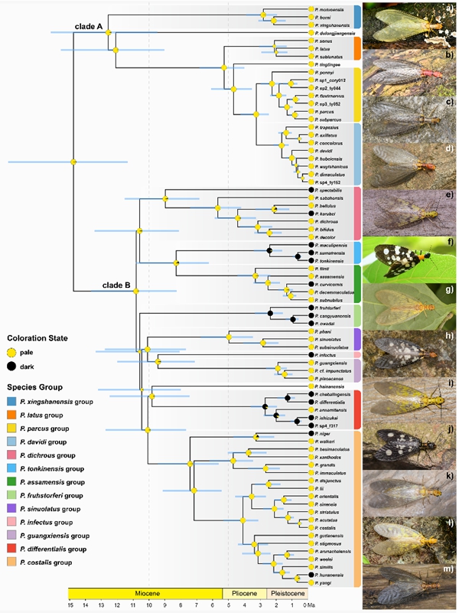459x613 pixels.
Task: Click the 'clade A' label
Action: coord(89,26)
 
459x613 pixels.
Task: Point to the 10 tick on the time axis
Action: coord(148,605)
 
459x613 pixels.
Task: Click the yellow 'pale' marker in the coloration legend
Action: coord(11,352)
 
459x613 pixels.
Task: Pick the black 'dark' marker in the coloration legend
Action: coord(11,367)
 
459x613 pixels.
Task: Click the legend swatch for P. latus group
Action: coord(11,415)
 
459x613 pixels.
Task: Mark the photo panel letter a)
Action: coord(448,9)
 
